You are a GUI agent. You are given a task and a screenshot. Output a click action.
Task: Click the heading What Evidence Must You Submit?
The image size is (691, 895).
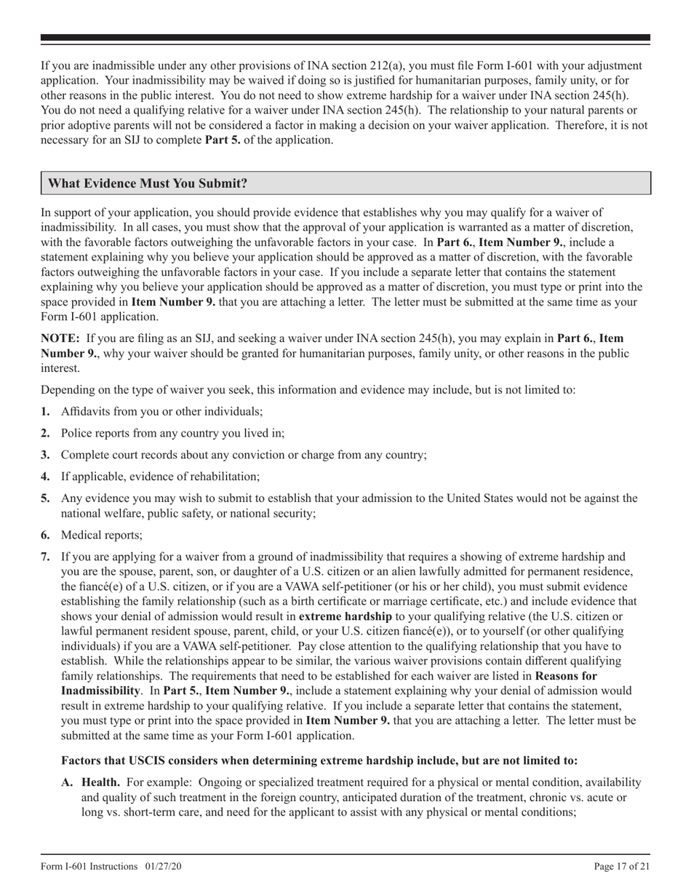tap(148, 183)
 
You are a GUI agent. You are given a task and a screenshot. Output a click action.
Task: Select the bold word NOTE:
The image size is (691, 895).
tap(61, 338)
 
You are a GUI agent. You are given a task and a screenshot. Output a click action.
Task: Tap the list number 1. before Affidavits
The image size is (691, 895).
tap(45, 412)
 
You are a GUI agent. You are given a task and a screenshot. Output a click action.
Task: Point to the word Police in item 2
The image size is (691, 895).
tap(77, 433)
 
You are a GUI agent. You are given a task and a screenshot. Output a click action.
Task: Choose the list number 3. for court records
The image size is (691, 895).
tap(45, 455)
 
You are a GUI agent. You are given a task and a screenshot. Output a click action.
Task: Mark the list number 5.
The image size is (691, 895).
tap(45, 498)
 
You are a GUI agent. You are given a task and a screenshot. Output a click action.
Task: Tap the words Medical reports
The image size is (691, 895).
tap(101, 536)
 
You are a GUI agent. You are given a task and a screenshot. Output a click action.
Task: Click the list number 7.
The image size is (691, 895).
tap(45, 557)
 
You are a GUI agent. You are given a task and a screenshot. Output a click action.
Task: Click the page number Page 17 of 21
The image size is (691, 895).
tap(622, 866)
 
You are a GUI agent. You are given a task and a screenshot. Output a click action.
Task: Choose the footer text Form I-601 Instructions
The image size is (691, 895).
tap(89, 866)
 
